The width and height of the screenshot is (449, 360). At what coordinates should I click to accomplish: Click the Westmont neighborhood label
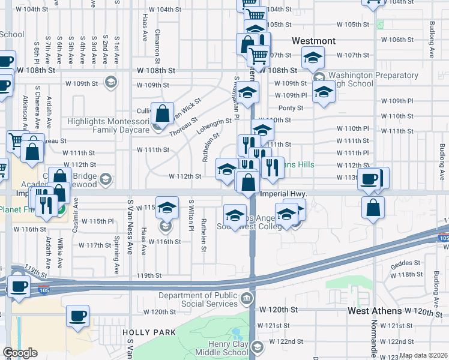point(313,41)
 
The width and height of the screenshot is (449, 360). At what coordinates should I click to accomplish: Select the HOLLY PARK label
point(149,332)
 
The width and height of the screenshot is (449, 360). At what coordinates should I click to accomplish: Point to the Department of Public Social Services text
point(198,299)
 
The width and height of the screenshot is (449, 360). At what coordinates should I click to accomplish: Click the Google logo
point(20,353)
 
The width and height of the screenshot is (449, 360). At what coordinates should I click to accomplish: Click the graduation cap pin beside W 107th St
point(312,58)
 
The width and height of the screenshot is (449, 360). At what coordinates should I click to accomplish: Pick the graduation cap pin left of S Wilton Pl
point(167,207)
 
